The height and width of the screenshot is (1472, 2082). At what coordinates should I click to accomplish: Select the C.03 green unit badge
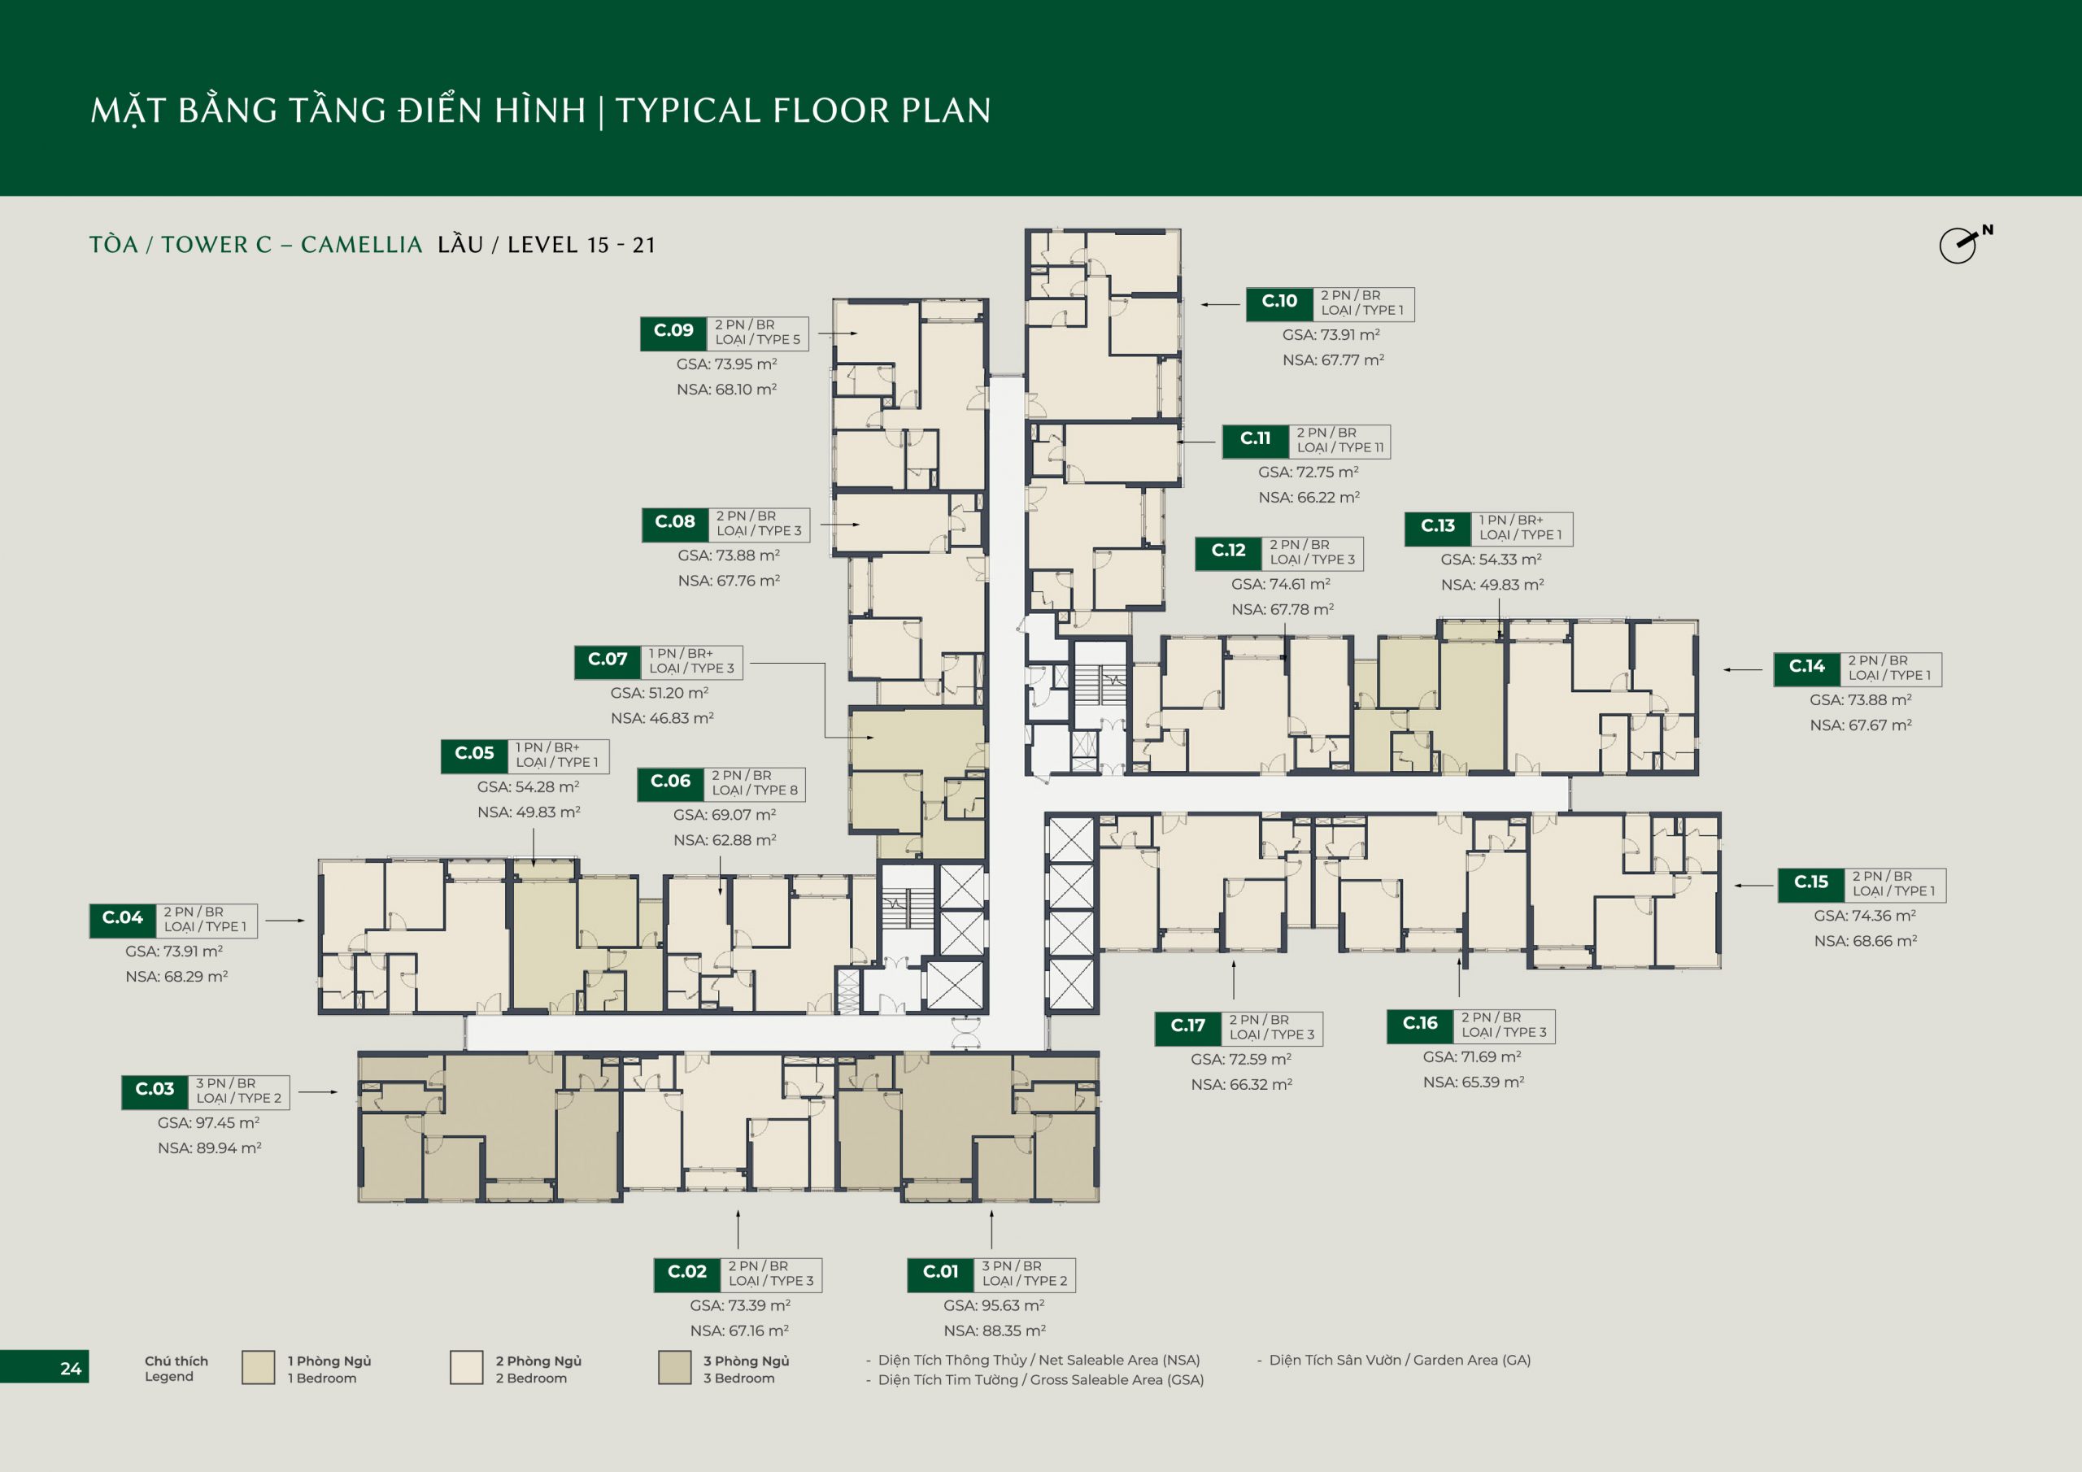155,1091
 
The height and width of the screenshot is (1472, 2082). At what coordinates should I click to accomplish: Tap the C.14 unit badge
1807,668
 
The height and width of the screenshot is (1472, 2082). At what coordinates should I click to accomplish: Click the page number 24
71,1369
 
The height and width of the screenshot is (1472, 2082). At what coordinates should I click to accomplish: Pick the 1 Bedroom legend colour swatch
259,1368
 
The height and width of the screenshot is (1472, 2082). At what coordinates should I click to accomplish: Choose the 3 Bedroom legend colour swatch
675,1368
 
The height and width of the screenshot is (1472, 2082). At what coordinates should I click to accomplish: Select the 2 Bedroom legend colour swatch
466,1368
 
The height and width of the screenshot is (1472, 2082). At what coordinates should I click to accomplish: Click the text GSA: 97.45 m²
208,1123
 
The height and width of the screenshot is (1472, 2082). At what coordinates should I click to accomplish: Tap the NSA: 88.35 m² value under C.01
995,1330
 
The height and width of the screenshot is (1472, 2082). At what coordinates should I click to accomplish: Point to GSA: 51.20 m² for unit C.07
660,693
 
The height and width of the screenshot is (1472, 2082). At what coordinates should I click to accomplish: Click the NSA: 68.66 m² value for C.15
1866,942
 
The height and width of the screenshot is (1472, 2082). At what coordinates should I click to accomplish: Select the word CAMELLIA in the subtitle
361,245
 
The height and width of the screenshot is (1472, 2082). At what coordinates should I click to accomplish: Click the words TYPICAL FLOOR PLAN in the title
804,111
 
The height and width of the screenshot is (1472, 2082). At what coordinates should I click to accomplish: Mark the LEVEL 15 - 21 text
581,245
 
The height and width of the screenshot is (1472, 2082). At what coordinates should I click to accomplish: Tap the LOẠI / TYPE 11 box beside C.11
1340,441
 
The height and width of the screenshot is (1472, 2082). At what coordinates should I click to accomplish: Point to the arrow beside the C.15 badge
1753,885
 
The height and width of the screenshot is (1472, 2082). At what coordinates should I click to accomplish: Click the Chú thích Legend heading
176,1369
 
